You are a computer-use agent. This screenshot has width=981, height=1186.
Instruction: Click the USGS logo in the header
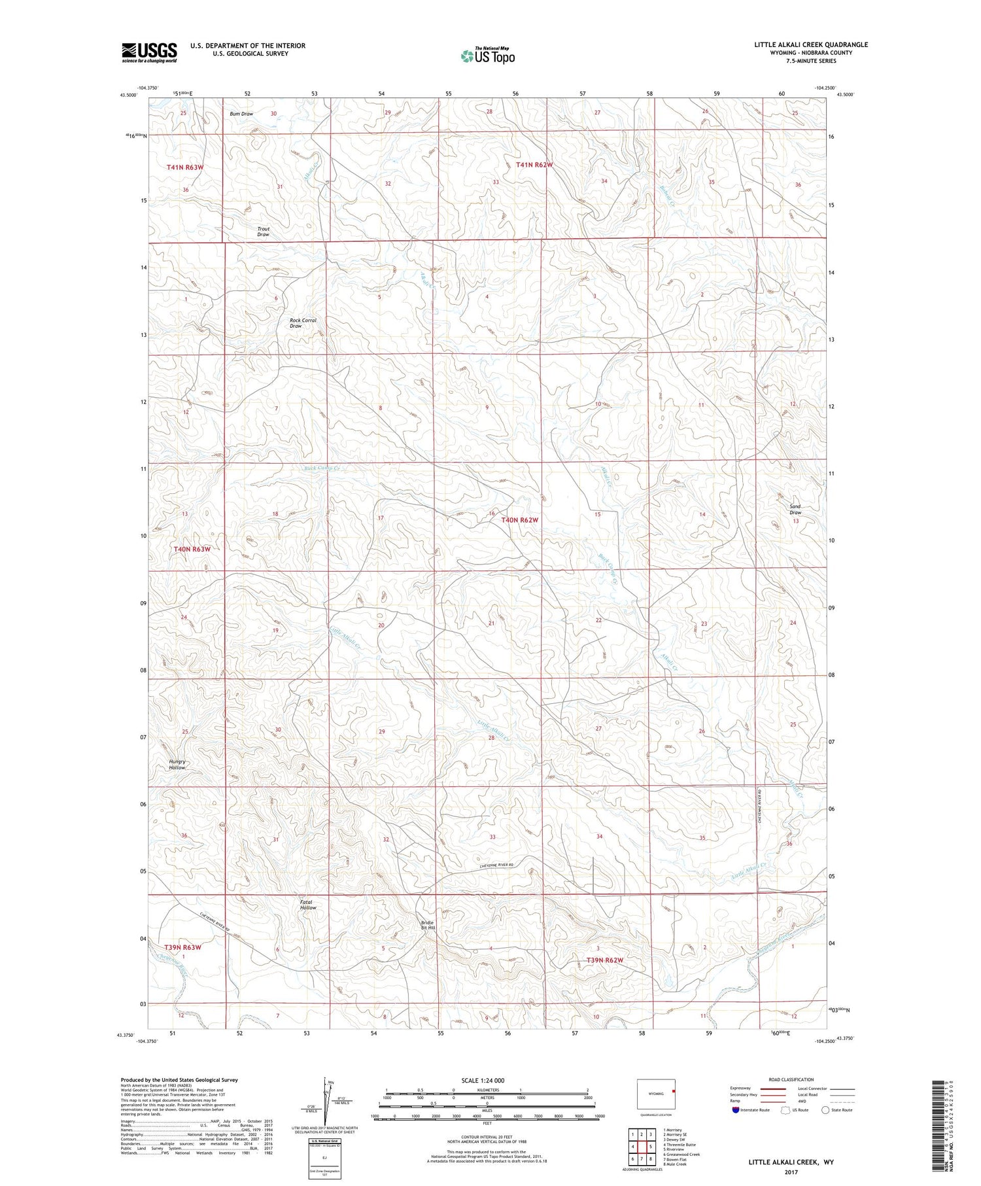click(149, 52)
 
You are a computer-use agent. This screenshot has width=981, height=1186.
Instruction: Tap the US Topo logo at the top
click(487, 56)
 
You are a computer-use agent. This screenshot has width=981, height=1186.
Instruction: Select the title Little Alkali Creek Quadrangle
click(811, 44)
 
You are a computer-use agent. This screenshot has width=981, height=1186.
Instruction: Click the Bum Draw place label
click(241, 114)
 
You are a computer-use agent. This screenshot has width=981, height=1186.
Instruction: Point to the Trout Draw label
click(263, 232)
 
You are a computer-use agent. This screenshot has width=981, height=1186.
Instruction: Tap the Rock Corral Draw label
click(302, 323)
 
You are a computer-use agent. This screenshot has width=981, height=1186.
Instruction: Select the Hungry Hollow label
click(177, 764)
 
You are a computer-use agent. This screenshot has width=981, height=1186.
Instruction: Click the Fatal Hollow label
click(308, 905)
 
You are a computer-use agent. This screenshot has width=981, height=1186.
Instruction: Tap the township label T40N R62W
click(520, 520)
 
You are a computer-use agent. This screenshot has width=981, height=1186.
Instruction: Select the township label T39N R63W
click(182, 947)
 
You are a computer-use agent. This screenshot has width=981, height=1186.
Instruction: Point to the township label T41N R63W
click(185, 167)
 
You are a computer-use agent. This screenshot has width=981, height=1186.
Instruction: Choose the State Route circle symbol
click(825, 1110)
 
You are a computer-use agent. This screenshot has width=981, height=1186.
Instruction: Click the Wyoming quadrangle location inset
click(656, 1094)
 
